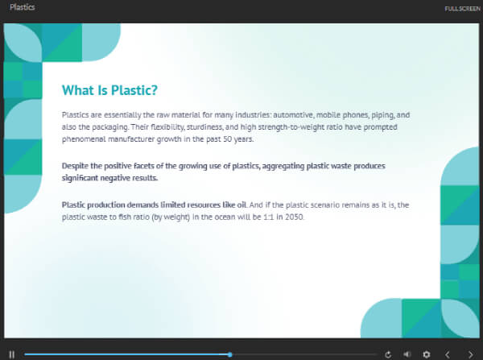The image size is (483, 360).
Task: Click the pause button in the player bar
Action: [x=12, y=354]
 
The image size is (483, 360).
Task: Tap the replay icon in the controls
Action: [x=388, y=354]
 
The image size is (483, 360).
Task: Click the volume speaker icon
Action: [x=407, y=354]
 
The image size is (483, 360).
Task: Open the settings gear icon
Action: [x=427, y=354]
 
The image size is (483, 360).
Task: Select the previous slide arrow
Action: [x=448, y=354]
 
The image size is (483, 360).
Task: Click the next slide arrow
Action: [x=471, y=354]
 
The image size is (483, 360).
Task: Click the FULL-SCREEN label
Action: [x=462, y=9]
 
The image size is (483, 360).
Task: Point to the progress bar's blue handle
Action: [x=229, y=354]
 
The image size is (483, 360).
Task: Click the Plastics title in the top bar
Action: [x=23, y=7]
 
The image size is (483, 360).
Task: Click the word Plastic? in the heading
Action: [x=134, y=90]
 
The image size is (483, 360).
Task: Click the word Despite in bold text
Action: [x=75, y=166]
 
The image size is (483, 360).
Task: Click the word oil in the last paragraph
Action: [x=242, y=205]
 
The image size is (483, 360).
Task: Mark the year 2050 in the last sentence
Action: [x=294, y=217]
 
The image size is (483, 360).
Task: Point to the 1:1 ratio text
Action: [x=269, y=217]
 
